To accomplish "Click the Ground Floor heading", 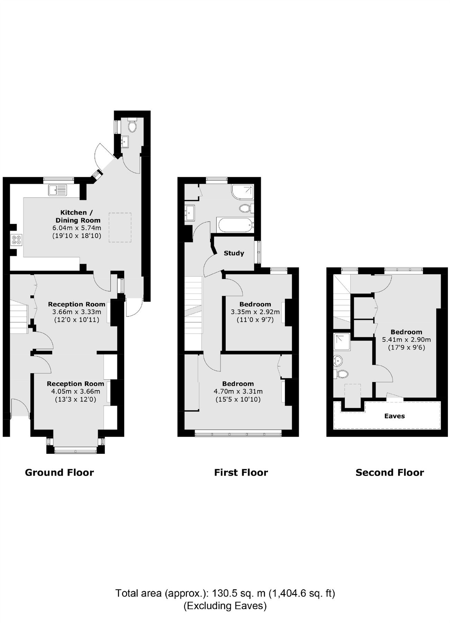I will coord(59,472).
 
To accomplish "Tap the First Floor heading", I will coord(241,472).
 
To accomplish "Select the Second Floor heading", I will coord(389,472).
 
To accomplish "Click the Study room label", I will coord(234,253).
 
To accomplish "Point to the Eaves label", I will coord(394,416).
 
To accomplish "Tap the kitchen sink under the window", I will coord(58,190).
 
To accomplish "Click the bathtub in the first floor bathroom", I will coord(234,225).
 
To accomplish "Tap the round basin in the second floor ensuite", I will coord(338,361).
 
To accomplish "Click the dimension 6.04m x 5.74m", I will coord(76,228).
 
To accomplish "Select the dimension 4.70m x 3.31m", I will coord(238,391).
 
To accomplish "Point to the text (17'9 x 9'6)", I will coord(406,347).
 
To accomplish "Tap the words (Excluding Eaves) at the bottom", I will coord(225,606).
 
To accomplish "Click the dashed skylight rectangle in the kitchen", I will coord(120,227).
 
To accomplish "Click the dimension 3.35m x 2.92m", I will coord(255,312).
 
